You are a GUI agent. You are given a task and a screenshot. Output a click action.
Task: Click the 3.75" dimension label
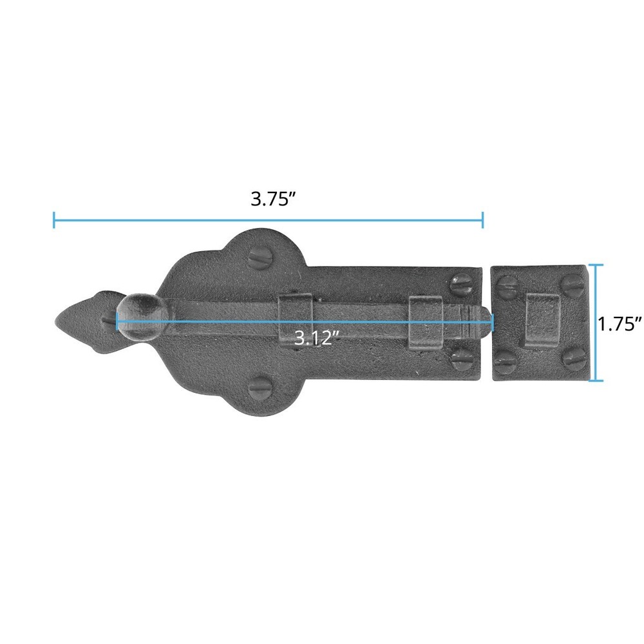click(x=274, y=199)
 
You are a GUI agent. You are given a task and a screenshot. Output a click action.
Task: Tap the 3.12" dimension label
click(x=317, y=338)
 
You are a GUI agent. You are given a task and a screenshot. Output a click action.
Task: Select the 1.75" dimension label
click(x=620, y=324)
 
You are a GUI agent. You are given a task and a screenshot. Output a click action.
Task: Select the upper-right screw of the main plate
click(x=462, y=285)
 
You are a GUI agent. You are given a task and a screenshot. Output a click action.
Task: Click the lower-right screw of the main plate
click(x=462, y=359)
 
